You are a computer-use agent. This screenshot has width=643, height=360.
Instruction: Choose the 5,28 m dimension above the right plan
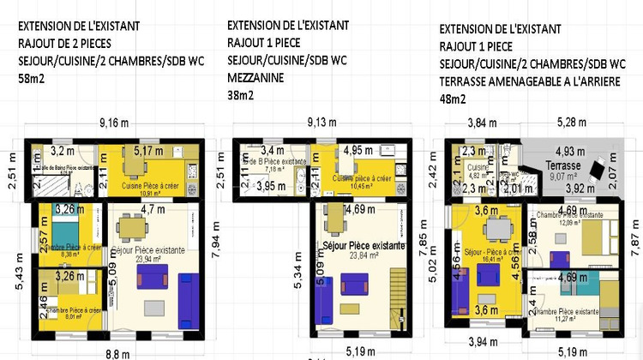pos(572,123)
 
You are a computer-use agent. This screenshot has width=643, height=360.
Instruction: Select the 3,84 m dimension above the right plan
pos(482,123)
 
